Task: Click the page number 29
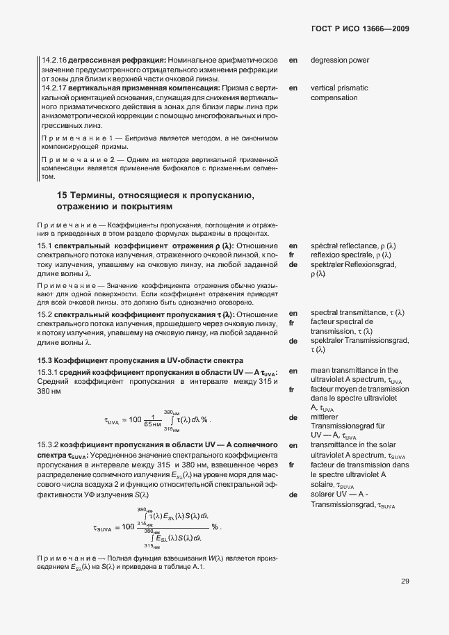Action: pyautogui.click(x=405, y=582)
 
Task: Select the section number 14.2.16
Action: pyautogui.click(x=55, y=61)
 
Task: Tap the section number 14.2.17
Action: pyautogui.click(x=55, y=89)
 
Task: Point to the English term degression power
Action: pyautogui.click(x=340, y=61)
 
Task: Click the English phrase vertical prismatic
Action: pyautogui.click(x=339, y=89)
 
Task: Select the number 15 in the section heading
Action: pyautogui.click(x=62, y=195)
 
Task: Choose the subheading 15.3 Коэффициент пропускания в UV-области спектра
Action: pyautogui.click(x=140, y=360)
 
